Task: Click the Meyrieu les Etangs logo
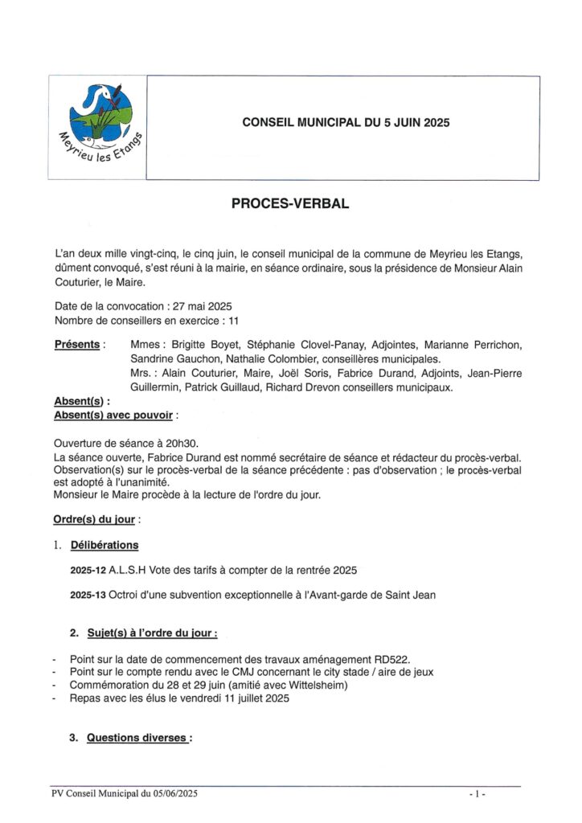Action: (98, 125)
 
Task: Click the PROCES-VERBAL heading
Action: (290, 204)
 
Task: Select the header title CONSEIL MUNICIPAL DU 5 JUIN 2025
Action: (346, 123)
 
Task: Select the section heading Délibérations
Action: (105, 545)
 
